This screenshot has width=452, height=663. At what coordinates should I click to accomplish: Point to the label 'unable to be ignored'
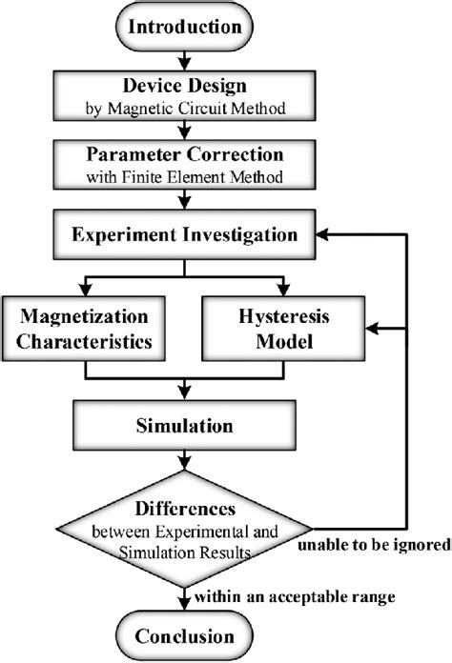click(x=376, y=546)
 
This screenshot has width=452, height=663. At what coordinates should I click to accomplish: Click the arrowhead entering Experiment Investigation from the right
click(x=327, y=233)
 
